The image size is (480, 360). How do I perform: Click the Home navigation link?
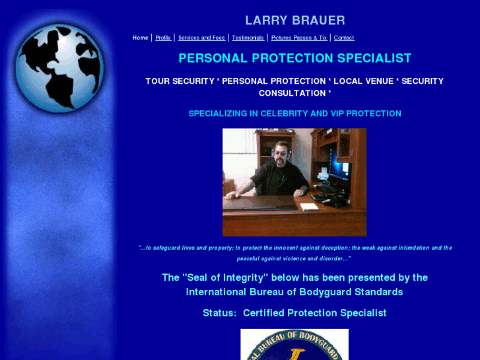click(x=140, y=38)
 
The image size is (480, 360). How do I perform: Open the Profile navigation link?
click(x=163, y=38)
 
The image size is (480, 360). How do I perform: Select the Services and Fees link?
click(x=201, y=38)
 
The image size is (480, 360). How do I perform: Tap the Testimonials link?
click(x=248, y=38)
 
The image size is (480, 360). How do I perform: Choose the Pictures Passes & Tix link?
click(x=298, y=38)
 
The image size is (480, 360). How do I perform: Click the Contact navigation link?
click(x=344, y=38)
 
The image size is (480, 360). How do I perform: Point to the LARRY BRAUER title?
click(x=294, y=20)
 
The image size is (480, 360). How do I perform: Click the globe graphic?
click(x=59, y=67)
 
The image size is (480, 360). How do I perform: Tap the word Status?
click(x=218, y=313)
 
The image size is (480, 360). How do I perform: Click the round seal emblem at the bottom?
click(x=294, y=345)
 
